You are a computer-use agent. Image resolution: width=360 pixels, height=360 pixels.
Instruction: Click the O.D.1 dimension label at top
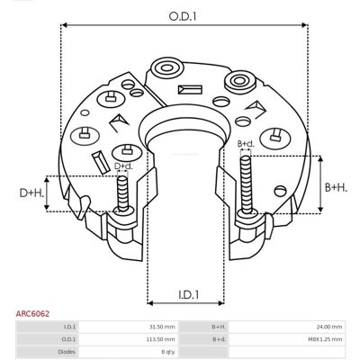(183, 16)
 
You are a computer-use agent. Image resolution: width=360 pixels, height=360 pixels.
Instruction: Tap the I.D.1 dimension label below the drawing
(189, 295)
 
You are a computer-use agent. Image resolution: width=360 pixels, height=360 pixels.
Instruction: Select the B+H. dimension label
(336, 188)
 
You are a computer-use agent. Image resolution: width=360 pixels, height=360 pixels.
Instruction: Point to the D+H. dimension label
(31, 193)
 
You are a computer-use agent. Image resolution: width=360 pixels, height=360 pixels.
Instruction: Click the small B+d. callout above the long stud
(246, 144)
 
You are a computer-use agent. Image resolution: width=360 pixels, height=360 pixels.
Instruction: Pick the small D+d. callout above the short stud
(123, 166)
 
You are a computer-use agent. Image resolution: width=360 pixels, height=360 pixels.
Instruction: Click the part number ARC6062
(32, 314)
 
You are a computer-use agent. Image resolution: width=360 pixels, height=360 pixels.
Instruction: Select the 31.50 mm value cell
(163, 327)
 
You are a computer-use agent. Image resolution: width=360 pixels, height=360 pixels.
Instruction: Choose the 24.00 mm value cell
(329, 327)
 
